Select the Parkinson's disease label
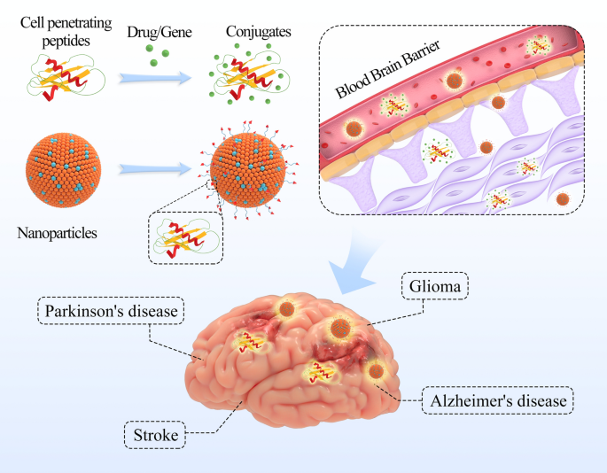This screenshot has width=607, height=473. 113,312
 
